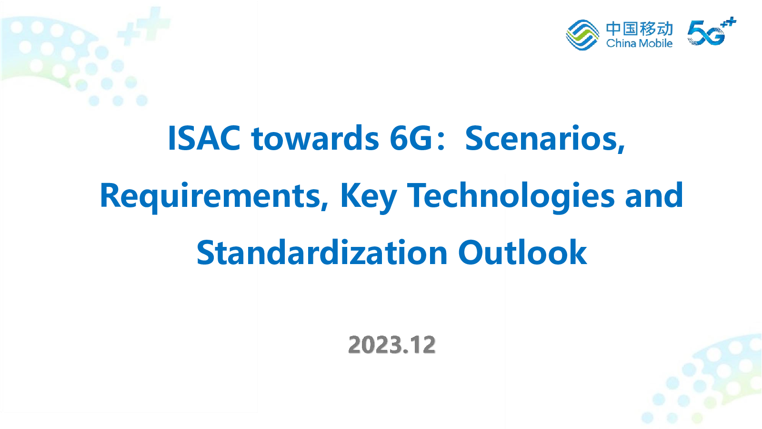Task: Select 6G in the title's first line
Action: pyautogui.click(x=411, y=138)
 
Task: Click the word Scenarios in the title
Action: pyautogui.click(x=541, y=138)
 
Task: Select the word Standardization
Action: pyautogui.click(x=322, y=252)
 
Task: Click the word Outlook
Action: pyautogui.click(x=522, y=252)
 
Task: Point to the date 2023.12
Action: pyautogui.click(x=392, y=345)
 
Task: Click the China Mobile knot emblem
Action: pyautogui.click(x=582, y=35)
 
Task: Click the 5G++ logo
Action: pyautogui.click(x=712, y=31)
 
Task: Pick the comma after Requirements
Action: pyautogui.click(x=324, y=205)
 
